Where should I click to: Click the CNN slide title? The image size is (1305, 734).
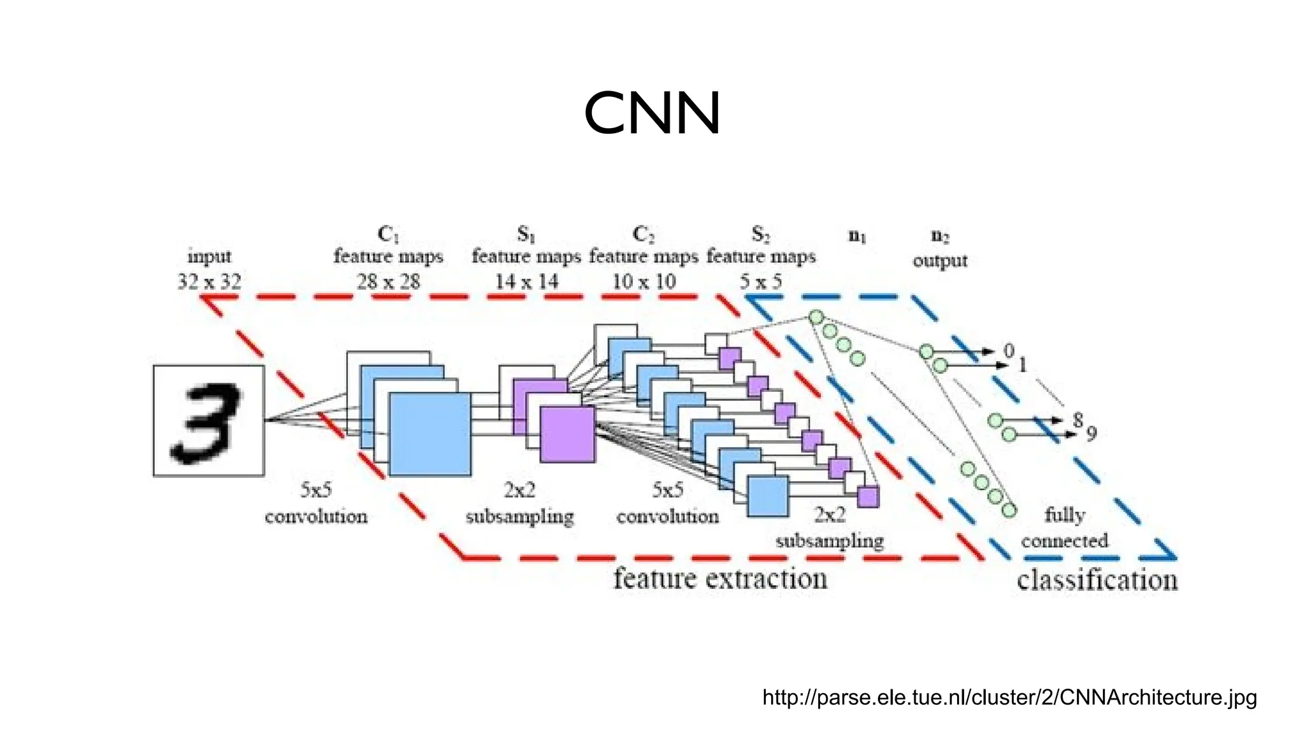(652, 113)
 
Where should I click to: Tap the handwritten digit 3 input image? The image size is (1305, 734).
(208, 421)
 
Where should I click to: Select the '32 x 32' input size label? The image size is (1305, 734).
(209, 281)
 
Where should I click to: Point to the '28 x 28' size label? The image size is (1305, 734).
(388, 281)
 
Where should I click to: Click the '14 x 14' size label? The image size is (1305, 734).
(526, 281)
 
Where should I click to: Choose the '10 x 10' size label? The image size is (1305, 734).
(644, 281)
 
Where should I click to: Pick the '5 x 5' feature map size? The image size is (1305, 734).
(760, 281)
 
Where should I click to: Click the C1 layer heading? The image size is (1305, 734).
(388, 234)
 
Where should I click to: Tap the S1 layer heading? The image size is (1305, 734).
(526, 234)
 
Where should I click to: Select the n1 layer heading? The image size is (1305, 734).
(857, 236)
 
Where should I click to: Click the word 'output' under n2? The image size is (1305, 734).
(940, 261)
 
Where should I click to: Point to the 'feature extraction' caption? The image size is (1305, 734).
(720, 579)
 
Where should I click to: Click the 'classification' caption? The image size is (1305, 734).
(1097, 580)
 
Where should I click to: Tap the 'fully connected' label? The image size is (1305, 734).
(1065, 528)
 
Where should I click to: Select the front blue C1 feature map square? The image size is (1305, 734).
(430, 434)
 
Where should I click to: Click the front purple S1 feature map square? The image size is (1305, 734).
(567, 434)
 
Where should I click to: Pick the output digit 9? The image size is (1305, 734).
(1092, 434)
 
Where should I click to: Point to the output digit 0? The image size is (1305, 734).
(1009, 350)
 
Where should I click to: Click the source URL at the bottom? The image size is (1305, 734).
(1009, 698)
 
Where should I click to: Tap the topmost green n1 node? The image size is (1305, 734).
(816, 317)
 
